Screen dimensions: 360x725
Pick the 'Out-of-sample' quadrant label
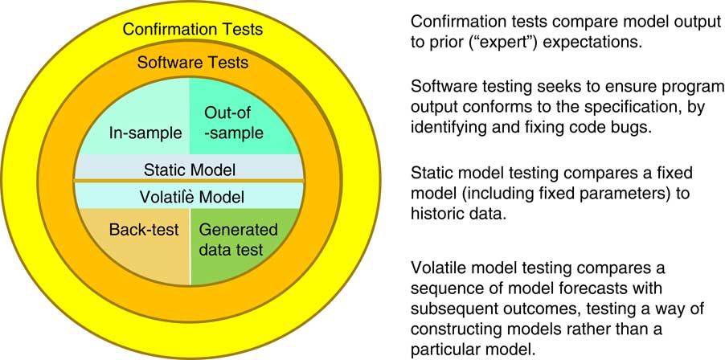point(233,122)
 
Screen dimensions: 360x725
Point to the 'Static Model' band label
point(189,170)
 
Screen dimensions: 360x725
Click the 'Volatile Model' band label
point(189,197)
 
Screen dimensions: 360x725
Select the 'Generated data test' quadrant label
point(238,239)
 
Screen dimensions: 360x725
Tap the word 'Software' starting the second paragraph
point(440,87)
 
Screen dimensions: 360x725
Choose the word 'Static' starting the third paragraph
point(429,173)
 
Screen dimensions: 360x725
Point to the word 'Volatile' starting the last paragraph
point(435,267)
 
